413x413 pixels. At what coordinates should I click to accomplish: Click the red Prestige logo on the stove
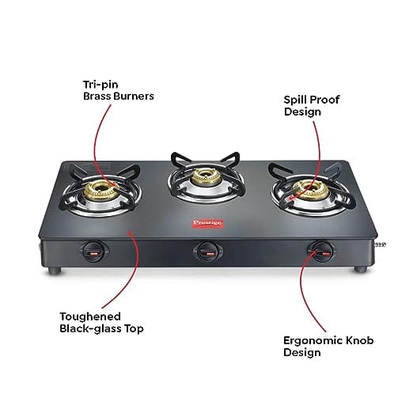(x=208, y=223)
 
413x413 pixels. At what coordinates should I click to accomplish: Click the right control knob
(x=321, y=252)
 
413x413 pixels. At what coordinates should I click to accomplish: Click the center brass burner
(x=205, y=177)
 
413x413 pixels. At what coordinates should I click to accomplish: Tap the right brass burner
(x=310, y=189)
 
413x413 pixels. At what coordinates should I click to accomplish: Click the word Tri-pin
(x=100, y=85)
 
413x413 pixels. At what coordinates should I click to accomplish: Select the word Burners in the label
(x=134, y=96)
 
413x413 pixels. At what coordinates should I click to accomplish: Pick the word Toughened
(x=90, y=316)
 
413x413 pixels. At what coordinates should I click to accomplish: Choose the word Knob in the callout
(x=359, y=340)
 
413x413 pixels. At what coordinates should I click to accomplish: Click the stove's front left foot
(x=55, y=270)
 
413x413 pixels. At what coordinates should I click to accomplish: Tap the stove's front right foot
(x=360, y=269)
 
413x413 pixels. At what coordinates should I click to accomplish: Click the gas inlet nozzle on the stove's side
(x=380, y=244)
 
